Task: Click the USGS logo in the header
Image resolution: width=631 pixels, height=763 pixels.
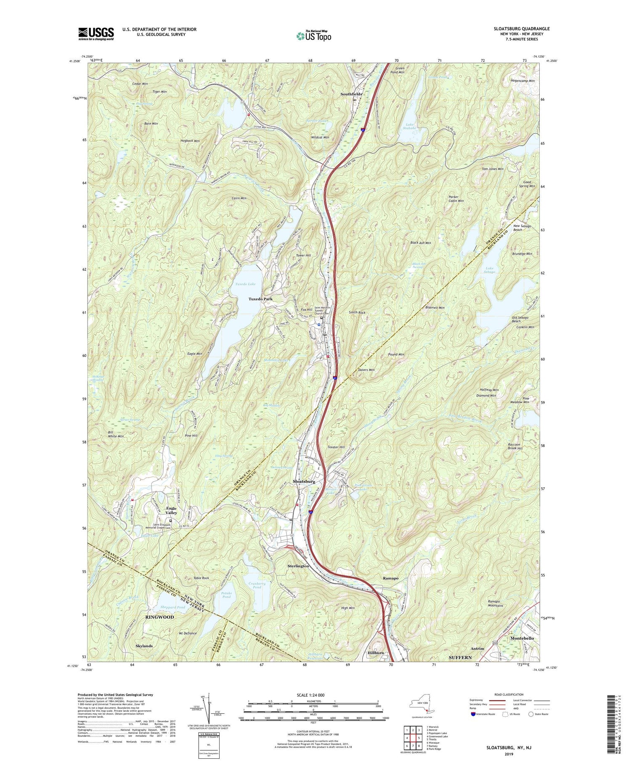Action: (96, 34)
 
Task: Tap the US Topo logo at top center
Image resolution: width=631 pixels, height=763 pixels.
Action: (313, 36)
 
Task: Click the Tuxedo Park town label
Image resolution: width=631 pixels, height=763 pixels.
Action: (260, 299)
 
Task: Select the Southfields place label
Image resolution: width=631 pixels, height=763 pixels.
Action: (351, 94)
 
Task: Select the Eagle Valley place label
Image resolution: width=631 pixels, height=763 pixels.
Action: (171, 510)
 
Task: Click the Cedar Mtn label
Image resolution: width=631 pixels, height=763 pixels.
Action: (140, 84)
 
